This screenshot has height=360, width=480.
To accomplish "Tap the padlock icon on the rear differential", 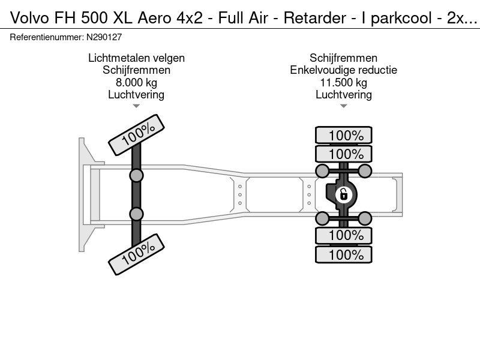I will (x=343, y=194).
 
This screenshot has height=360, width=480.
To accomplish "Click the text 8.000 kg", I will (x=136, y=82).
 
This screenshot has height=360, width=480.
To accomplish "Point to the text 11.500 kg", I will (x=343, y=82).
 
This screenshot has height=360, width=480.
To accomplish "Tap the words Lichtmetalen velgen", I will (x=136, y=58).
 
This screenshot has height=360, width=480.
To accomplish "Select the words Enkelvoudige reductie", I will (x=343, y=70).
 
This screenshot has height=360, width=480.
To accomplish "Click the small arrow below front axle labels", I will (x=136, y=106).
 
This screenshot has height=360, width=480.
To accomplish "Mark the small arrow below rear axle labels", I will (x=343, y=106).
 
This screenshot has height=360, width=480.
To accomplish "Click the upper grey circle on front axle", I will (x=136, y=175).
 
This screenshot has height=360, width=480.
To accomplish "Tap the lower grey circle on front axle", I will (x=136, y=214).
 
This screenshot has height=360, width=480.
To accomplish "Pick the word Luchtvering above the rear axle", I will (x=343, y=94).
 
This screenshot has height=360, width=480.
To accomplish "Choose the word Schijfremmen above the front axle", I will (x=136, y=70).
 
